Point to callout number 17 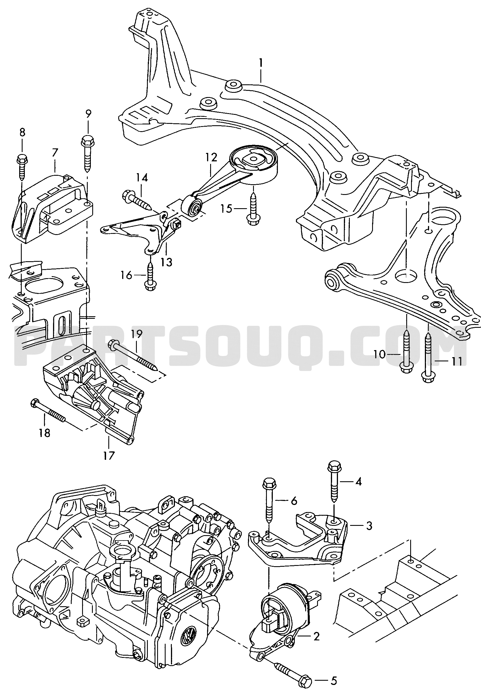109,455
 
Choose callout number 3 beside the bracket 369,526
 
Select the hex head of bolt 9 87,140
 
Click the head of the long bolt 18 34,403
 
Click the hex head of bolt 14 127,195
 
